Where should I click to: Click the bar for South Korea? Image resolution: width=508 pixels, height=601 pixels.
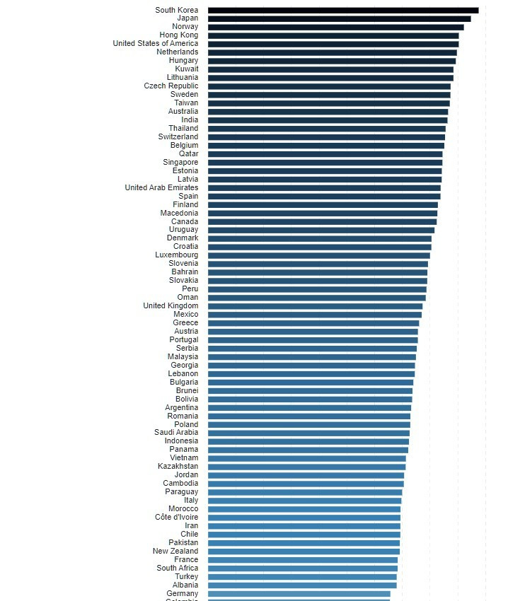pos(343,10)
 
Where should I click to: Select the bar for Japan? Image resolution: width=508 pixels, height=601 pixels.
pos(339,18)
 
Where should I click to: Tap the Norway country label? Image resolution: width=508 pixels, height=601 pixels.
pos(185,27)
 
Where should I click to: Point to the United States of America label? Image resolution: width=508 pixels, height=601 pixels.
pos(155,44)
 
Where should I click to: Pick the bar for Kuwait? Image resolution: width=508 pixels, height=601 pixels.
pos(330,69)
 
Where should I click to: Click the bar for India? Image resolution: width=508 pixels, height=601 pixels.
pos(328,120)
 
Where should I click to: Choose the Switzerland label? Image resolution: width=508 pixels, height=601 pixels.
pos(178,137)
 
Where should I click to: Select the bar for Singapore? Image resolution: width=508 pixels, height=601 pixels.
pos(325,163)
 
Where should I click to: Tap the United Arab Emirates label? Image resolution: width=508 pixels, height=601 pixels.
pos(161,188)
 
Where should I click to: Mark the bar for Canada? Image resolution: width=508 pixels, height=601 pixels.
pos(322,221)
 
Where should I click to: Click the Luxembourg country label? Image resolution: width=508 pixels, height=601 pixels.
pos(177,255)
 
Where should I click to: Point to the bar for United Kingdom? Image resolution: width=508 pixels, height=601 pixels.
pos(315,306)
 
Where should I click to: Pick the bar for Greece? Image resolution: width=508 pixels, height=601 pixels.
pos(313,323)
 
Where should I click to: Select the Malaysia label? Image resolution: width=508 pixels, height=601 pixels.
pos(183,357)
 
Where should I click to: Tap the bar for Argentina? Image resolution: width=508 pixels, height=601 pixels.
pos(309,408)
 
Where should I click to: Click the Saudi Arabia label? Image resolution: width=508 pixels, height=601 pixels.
pos(176,433)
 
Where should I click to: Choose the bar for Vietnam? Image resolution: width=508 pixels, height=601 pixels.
pos(306,458)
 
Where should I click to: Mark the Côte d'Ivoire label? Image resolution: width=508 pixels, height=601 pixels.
pos(176,518)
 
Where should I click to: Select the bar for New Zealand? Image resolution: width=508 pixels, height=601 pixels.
pos(304,552)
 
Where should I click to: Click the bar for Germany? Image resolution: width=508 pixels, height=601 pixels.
pos(299,594)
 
